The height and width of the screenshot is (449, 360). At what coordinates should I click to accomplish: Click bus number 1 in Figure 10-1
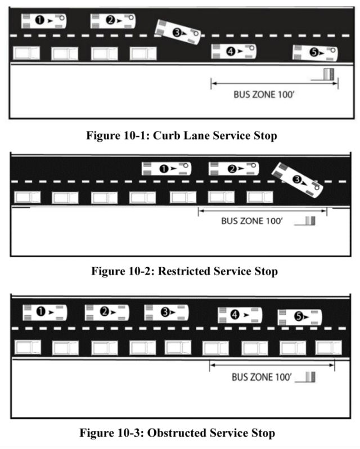(x=44, y=21)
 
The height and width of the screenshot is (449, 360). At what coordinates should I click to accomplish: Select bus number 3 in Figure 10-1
(x=178, y=32)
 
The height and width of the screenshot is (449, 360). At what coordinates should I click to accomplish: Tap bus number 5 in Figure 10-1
(x=316, y=53)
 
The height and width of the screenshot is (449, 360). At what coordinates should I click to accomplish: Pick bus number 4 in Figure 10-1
(x=234, y=51)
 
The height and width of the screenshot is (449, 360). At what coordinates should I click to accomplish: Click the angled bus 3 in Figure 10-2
(x=298, y=179)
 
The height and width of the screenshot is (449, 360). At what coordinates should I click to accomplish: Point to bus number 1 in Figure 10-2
(x=166, y=168)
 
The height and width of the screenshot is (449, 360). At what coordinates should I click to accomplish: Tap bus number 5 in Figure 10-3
(x=300, y=317)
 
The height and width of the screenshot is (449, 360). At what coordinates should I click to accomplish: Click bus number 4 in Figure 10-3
(x=240, y=316)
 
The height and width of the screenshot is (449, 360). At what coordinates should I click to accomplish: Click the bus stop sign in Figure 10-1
(x=327, y=74)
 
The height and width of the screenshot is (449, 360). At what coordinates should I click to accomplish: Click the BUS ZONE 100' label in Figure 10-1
(x=264, y=95)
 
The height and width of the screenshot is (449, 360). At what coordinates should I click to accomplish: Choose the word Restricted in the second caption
(x=184, y=271)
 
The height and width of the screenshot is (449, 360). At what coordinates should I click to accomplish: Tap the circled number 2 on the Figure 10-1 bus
(x=110, y=20)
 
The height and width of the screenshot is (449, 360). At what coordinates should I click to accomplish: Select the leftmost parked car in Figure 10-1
(x=28, y=53)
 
